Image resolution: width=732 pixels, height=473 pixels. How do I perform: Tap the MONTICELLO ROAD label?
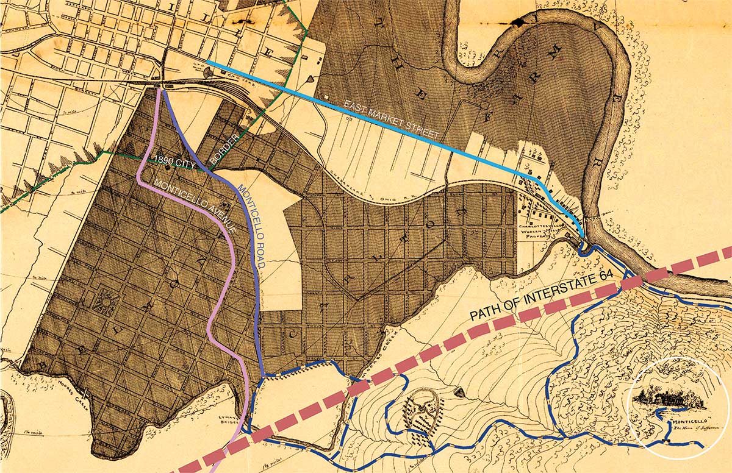pyautogui.click(x=251, y=226)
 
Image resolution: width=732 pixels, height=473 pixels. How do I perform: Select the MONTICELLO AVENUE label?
pyautogui.click(x=195, y=207)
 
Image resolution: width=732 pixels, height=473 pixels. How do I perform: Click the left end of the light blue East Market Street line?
pyautogui.click(x=208, y=62)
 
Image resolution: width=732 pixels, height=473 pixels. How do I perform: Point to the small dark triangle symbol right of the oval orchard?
pyautogui.click(x=459, y=390)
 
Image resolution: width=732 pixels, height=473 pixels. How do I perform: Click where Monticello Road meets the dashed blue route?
pyautogui.click(x=263, y=373)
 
